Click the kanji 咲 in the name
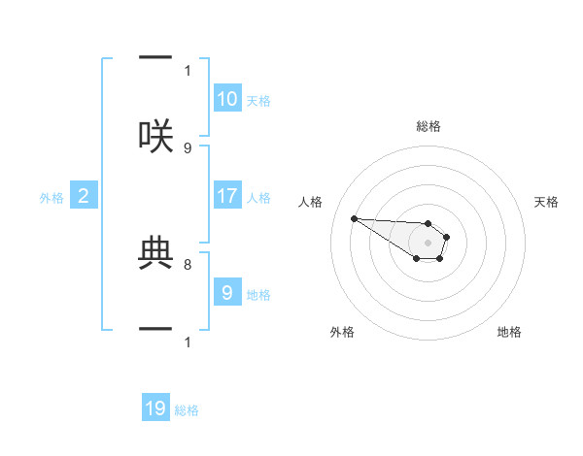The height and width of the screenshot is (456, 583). tap(155, 137)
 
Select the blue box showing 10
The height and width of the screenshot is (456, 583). tap(227, 99)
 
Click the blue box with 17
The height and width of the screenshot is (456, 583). tap(227, 196)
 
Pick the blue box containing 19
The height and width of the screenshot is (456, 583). tap(155, 408)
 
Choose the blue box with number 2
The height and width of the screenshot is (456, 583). tap(84, 197)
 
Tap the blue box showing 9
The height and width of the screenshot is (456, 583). tap(227, 293)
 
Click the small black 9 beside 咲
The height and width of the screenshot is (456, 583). tap(188, 147)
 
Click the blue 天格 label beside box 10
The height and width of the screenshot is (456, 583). tap(258, 100)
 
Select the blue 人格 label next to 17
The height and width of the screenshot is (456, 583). tap(258, 197)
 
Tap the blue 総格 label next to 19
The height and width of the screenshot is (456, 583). tap(187, 409)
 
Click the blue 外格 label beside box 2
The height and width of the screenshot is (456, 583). tap(51, 198)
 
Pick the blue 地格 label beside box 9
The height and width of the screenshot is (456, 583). tap(258, 294)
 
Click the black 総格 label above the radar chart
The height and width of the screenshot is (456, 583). tap(429, 126)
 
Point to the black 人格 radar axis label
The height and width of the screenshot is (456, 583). tap(310, 202)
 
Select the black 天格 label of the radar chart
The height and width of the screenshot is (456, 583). tap(546, 202)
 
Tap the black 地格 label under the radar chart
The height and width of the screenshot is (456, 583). tap(509, 332)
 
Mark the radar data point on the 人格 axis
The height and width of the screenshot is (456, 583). tap(354, 218)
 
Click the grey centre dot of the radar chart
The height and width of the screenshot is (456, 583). tap(428, 242)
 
